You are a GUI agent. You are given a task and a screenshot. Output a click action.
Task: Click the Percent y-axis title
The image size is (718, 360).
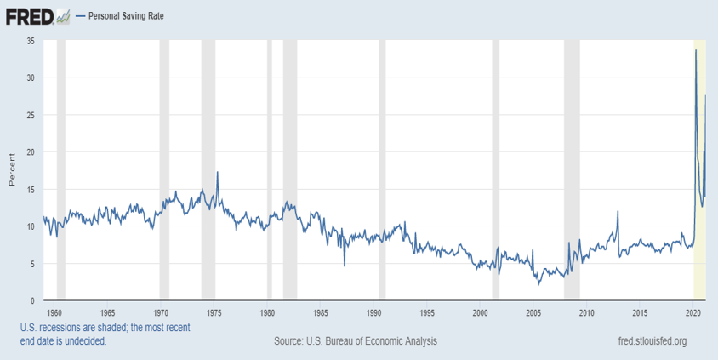[x=11, y=170]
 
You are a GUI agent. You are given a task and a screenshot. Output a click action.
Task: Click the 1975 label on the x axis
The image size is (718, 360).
[x=214, y=312]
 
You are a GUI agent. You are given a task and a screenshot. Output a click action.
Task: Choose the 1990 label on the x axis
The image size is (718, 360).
[x=374, y=312]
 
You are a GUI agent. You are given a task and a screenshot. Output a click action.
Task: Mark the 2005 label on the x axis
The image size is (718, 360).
[x=533, y=312]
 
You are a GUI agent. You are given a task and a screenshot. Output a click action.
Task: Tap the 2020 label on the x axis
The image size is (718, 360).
[x=693, y=312]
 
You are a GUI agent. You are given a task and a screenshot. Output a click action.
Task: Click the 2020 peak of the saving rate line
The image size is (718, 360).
[x=696, y=50]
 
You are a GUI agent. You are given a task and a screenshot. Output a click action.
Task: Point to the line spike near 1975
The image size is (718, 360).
[x=218, y=172]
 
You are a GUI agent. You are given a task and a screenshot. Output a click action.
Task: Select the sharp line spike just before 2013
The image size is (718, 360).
[x=618, y=211]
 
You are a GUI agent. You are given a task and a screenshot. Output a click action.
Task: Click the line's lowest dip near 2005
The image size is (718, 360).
[x=539, y=283]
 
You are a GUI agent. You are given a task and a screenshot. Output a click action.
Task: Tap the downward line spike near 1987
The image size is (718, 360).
[x=345, y=266]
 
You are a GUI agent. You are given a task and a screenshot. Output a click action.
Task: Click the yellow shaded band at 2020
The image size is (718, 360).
[x=700, y=255]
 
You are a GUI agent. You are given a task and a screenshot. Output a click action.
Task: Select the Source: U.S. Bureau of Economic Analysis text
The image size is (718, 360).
[x=356, y=341]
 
